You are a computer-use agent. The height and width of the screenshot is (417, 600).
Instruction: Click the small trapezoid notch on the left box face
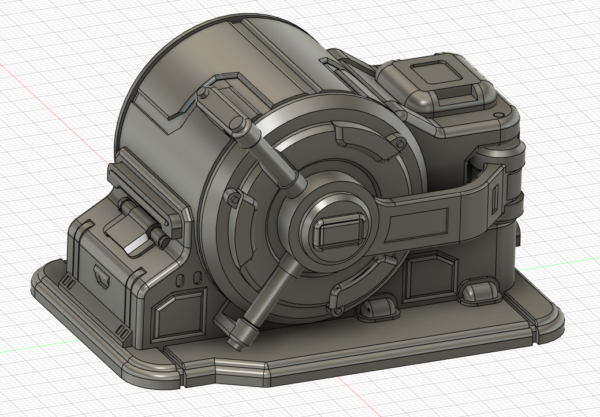pyautogui.click(x=103, y=277)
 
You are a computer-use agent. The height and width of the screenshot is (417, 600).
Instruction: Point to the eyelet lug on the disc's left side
pyautogui.click(x=233, y=198)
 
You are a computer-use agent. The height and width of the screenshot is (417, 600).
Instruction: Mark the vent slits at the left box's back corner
pyautogui.click(x=68, y=282)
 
